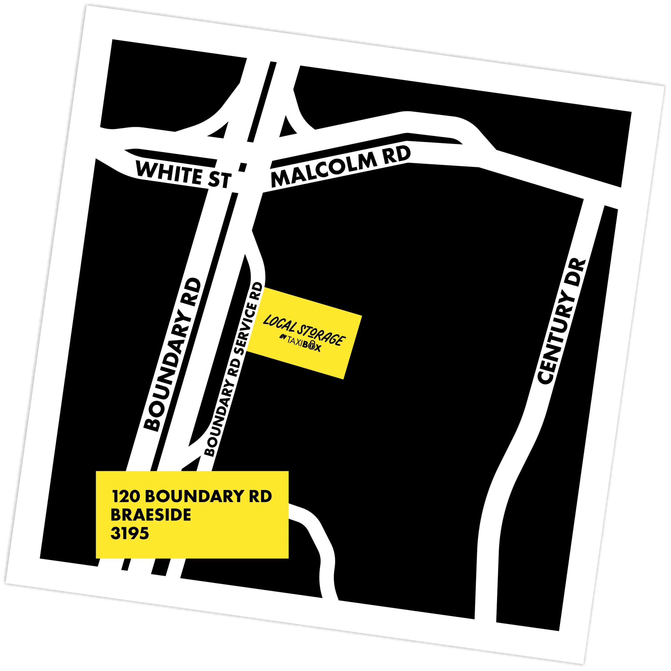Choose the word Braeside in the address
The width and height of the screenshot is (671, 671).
pos(151,515)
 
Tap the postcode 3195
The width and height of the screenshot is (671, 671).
pos(129,533)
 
